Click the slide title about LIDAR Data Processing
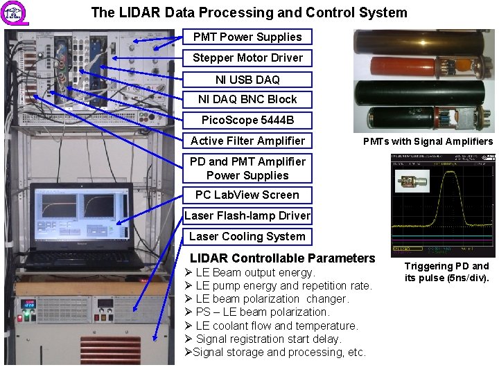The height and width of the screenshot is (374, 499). (x=249, y=12)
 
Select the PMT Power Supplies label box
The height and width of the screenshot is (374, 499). (x=247, y=37)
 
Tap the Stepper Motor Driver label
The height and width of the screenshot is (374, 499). (x=247, y=57)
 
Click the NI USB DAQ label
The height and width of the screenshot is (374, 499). (x=247, y=79)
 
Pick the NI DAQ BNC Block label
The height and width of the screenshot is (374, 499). (x=247, y=99)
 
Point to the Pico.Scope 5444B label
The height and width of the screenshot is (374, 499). (x=247, y=120)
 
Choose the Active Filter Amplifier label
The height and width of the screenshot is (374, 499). (x=247, y=141)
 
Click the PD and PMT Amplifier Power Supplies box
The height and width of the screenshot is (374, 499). (x=247, y=168)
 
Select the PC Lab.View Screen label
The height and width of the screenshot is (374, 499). (x=247, y=195)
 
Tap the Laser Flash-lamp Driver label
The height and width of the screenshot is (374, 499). (x=247, y=215)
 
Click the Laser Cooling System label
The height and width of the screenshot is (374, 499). (x=247, y=236)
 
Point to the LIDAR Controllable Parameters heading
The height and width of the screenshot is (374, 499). (x=282, y=258)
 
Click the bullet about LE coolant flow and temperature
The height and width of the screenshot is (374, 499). (x=277, y=326)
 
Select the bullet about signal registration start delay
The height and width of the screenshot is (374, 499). (x=269, y=339)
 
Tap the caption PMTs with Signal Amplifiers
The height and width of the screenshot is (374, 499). (x=428, y=141)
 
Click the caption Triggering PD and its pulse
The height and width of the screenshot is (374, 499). (x=447, y=272)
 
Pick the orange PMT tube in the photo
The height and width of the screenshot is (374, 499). (x=402, y=67)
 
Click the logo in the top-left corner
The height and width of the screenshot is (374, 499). (x=14, y=14)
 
